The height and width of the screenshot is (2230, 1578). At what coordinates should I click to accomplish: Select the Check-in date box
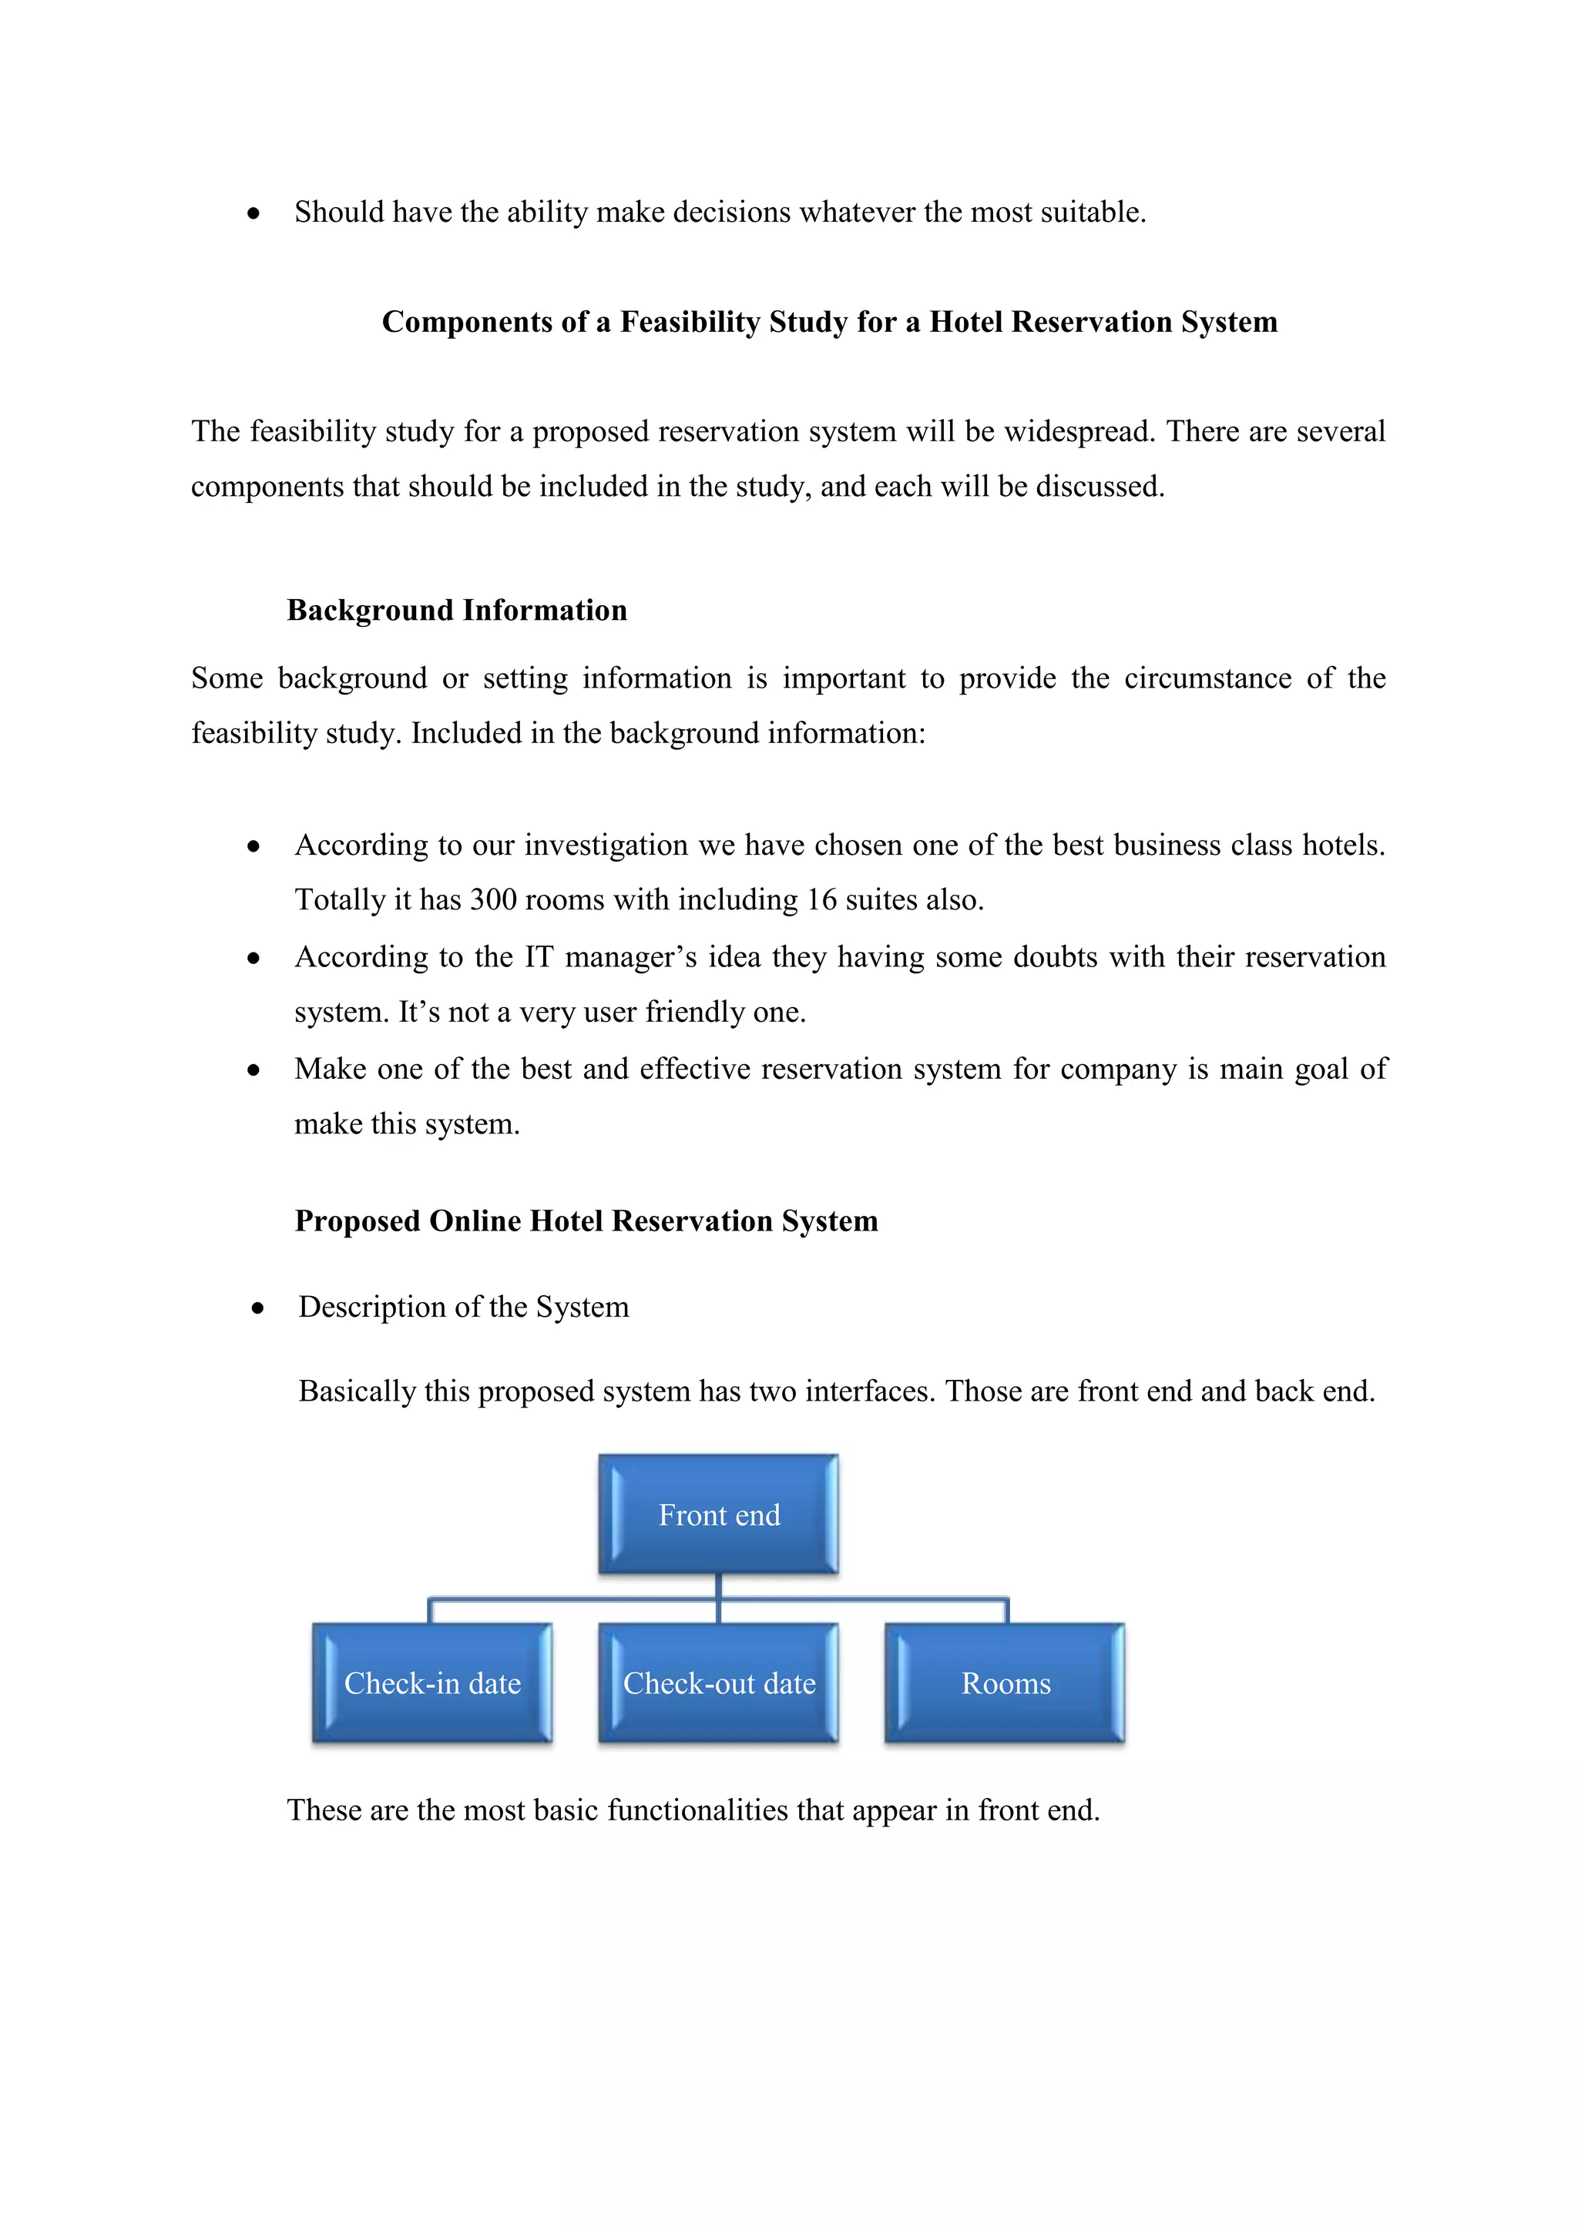tap(432, 1683)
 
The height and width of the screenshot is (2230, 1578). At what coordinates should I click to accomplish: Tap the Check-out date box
tap(718, 1683)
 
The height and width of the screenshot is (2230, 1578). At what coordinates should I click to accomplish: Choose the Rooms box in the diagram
tap(1005, 1683)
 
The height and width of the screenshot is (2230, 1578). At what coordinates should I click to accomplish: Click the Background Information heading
tap(457, 610)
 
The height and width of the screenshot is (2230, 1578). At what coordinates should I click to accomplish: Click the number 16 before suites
tap(821, 899)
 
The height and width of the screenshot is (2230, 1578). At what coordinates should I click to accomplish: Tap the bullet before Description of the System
tap(257, 1308)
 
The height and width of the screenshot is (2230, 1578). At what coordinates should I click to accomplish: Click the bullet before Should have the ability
tap(253, 213)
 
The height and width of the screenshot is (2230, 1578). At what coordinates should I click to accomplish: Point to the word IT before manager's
tap(539, 956)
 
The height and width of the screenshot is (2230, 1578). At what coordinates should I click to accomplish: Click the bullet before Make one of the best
tap(253, 1070)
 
